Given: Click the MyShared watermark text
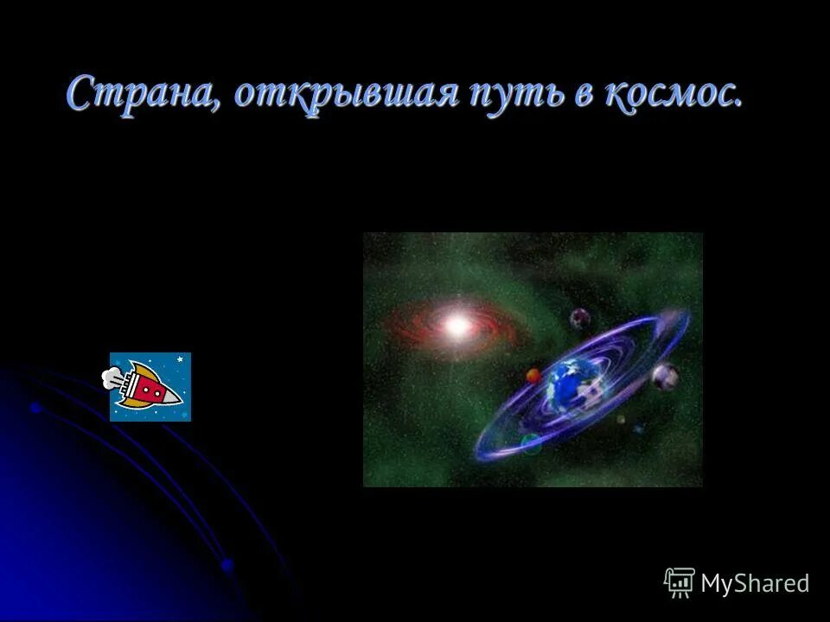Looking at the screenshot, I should click(x=755, y=583).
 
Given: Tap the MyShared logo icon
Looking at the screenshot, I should click(x=680, y=583).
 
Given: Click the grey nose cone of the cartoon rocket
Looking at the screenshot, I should click(x=173, y=397).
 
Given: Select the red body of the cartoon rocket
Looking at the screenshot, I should click(x=147, y=390).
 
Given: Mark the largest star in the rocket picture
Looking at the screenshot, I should click(x=180, y=359).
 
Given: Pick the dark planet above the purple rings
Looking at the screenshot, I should click(x=579, y=318).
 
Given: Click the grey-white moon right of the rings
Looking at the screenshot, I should click(x=664, y=376).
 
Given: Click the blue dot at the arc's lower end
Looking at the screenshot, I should click(x=227, y=565).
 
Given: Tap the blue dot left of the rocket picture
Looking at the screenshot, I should click(x=35, y=406).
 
